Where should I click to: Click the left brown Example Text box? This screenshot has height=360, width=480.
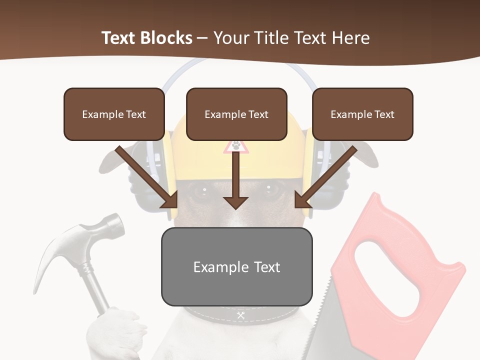click(114, 114)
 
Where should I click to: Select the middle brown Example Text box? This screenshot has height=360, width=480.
click(236, 114)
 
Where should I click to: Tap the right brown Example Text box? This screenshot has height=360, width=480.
click(362, 114)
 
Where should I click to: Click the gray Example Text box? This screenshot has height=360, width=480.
click(236, 266)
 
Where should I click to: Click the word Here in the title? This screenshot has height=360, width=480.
click(349, 38)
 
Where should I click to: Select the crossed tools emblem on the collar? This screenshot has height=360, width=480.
click(240, 315)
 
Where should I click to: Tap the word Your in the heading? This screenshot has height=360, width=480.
click(231, 38)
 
